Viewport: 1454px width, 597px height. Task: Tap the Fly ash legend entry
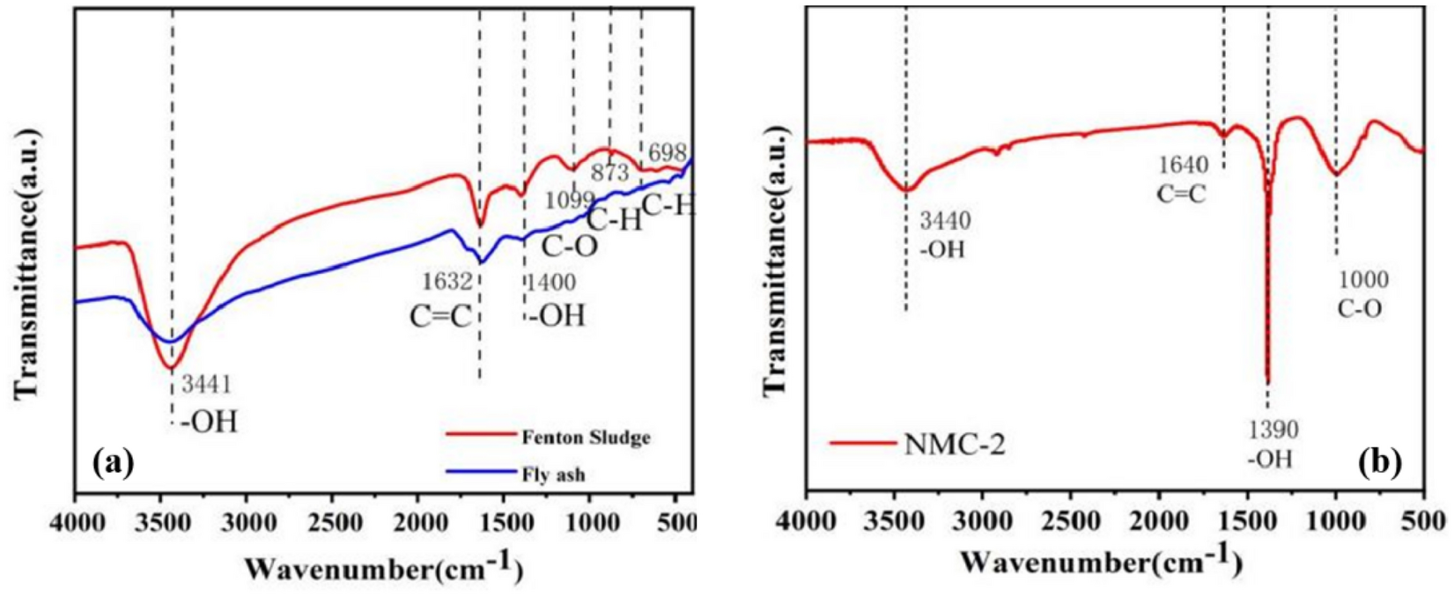click(552, 475)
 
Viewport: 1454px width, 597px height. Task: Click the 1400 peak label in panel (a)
click(550, 284)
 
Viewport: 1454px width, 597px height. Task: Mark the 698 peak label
click(667, 154)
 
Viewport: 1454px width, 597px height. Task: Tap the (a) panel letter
click(113, 461)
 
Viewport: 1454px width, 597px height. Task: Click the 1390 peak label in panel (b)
click(1271, 430)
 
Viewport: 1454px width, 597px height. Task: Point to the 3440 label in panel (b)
click(945, 222)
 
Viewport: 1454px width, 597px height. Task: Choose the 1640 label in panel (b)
click(1183, 164)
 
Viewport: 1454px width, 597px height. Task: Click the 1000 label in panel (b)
click(1363, 281)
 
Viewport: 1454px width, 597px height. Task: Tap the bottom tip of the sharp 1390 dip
click(1267, 381)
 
